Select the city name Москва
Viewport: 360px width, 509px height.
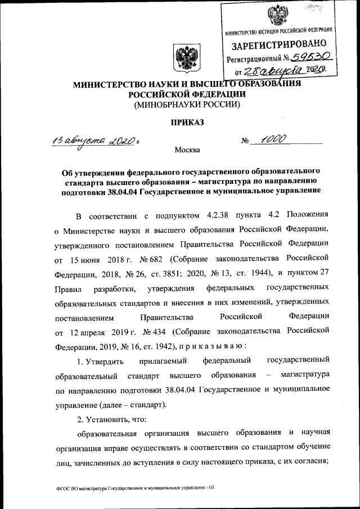pos(186,150)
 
